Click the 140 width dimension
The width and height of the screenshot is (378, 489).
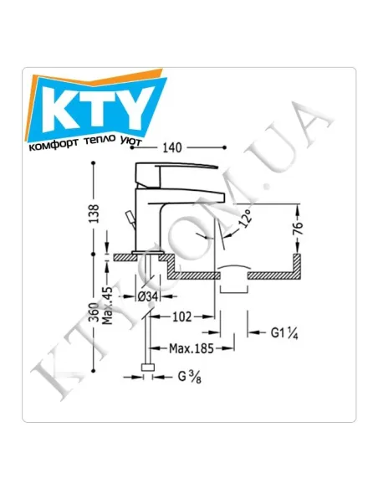point(172,147)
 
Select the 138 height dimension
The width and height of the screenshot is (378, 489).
point(94,214)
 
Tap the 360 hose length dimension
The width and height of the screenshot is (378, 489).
point(94,312)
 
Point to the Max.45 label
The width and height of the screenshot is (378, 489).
point(107,306)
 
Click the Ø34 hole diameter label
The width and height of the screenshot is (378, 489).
point(148,296)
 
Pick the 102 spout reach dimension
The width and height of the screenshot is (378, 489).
point(182,317)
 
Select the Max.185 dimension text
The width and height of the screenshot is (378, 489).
point(192,348)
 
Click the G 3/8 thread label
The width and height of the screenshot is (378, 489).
point(189,377)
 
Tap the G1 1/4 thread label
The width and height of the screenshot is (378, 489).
point(284,333)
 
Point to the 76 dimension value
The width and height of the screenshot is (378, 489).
point(298,229)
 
